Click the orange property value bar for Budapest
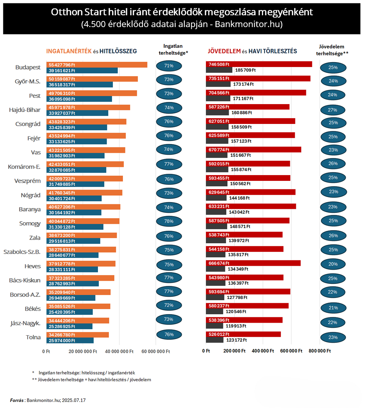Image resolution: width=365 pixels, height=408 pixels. (x=97, y=65)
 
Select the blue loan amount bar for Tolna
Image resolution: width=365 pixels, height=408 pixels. (x=70, y=340)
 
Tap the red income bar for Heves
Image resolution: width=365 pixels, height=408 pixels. (x=253, y=263)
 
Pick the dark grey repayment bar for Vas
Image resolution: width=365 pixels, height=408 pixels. (x=217, y=155)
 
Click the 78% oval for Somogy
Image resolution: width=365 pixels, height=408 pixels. (x=169, y=221)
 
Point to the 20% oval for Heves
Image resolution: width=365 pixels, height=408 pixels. (x=333, y=264)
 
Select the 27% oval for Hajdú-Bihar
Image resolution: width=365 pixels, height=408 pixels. (x=332, y=110)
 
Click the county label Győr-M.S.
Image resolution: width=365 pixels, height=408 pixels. (x=28, y=81)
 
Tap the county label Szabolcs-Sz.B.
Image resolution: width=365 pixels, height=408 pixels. (x=22, y=252)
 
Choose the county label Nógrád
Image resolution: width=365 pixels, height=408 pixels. (x=31, y=195)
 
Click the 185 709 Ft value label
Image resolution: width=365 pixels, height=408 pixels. (x=245, y=70)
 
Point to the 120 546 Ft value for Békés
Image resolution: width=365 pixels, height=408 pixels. (x=236, y=311)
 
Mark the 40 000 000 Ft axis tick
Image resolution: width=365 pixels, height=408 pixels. (x=119, y=351)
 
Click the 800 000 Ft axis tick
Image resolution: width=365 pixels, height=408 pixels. (x=319, y=351)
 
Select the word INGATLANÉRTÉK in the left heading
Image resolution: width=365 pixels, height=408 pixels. (x=69, y=51)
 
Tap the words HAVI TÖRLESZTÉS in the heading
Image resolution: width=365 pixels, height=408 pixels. (x=273, y=51)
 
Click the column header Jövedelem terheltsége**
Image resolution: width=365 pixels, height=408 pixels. (x=332, y=50)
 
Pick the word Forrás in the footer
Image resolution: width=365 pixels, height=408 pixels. (x=17, y=400)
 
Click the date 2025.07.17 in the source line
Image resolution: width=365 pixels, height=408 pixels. (x=74, y=400)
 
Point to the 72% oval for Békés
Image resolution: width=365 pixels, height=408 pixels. (x=169, y=305)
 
